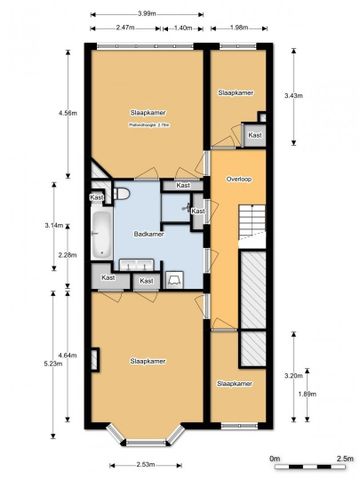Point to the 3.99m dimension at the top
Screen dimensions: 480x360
(x=145, y=13)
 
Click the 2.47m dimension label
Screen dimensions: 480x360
(x=126, y=28)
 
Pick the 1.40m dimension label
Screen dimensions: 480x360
(x=183, y=28)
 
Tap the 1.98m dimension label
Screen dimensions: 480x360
(x=239, y=28)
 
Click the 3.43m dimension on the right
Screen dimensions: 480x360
(x=292, y=95)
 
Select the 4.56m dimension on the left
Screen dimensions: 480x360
(x=65, y=113)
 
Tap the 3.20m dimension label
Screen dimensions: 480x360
(x=292, y=376)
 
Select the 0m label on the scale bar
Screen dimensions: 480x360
(x=277, y=458)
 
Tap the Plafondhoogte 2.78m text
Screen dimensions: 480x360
(x=147, y=126)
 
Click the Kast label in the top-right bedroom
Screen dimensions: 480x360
(x=255, y=134)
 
